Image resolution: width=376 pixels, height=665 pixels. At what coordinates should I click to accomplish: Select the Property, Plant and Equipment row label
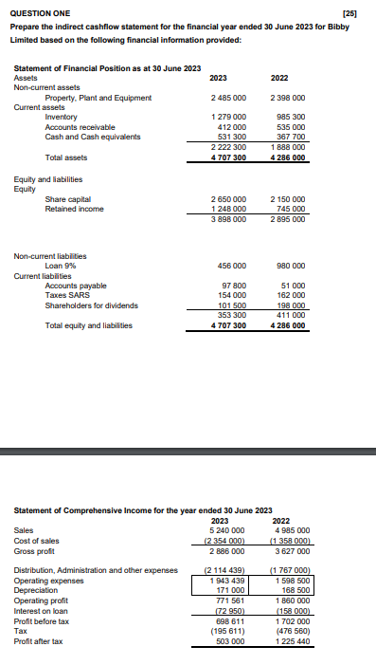coord(98,98)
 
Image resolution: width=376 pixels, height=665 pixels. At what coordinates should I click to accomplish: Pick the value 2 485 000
coord(227,98)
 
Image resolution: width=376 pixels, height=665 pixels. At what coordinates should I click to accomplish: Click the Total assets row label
coord(66,157)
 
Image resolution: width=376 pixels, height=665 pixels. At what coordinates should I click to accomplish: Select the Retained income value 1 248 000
coord(227,208)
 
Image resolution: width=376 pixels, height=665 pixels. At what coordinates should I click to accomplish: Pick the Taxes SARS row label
coord(69,295)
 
